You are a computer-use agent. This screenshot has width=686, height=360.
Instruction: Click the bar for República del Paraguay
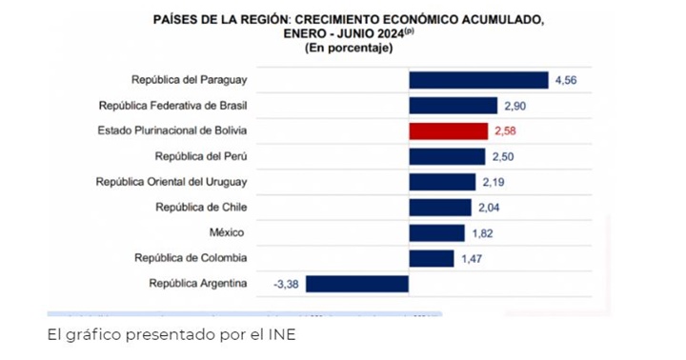point(478,80)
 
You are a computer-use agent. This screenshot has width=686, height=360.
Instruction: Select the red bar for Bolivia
point(448,130)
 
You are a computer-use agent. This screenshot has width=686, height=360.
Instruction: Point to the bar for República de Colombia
point(431,258)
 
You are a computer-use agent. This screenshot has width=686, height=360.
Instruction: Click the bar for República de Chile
point(439,207)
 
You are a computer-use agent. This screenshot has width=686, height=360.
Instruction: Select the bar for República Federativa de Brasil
point(453,106)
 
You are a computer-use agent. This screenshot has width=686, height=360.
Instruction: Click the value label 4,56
point(567,80)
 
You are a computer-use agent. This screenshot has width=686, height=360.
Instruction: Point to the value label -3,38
point(287,283)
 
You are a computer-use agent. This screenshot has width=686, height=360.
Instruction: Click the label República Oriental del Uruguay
point(171,182)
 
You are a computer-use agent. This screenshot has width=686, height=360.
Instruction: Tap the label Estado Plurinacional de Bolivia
point(172,130)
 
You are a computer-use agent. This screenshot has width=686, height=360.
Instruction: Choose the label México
point(228,232)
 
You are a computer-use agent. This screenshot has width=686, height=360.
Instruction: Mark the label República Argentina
point(198,283)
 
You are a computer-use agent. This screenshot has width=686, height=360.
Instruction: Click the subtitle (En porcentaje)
point(349,48)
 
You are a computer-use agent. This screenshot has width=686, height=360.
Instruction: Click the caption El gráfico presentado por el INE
point(172,335)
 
